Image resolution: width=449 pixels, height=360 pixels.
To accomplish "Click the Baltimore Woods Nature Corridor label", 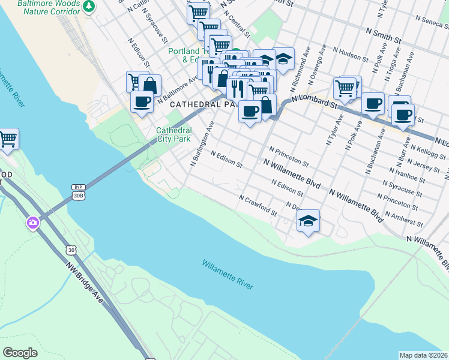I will pyautogui.click(x=40, y=7).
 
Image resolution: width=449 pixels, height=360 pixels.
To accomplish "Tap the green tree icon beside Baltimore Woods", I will pyautogui.click(x=89, y=6).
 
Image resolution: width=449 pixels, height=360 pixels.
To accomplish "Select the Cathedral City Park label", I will pyautogui.click(x=173, y=134).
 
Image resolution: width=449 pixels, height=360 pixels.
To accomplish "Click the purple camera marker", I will pyautogui.click(x=32, y=223).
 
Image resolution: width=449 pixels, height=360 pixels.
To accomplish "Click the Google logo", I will pyautogui.click(x=20, y=353).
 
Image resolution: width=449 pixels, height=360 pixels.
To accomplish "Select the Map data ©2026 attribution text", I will pyautogui.click(x=423, y=355).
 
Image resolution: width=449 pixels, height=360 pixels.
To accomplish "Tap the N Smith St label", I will pyautogui.click(x=382, y=37).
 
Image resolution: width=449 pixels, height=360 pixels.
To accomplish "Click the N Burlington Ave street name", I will pyautogui.click(x=202, y=144).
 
